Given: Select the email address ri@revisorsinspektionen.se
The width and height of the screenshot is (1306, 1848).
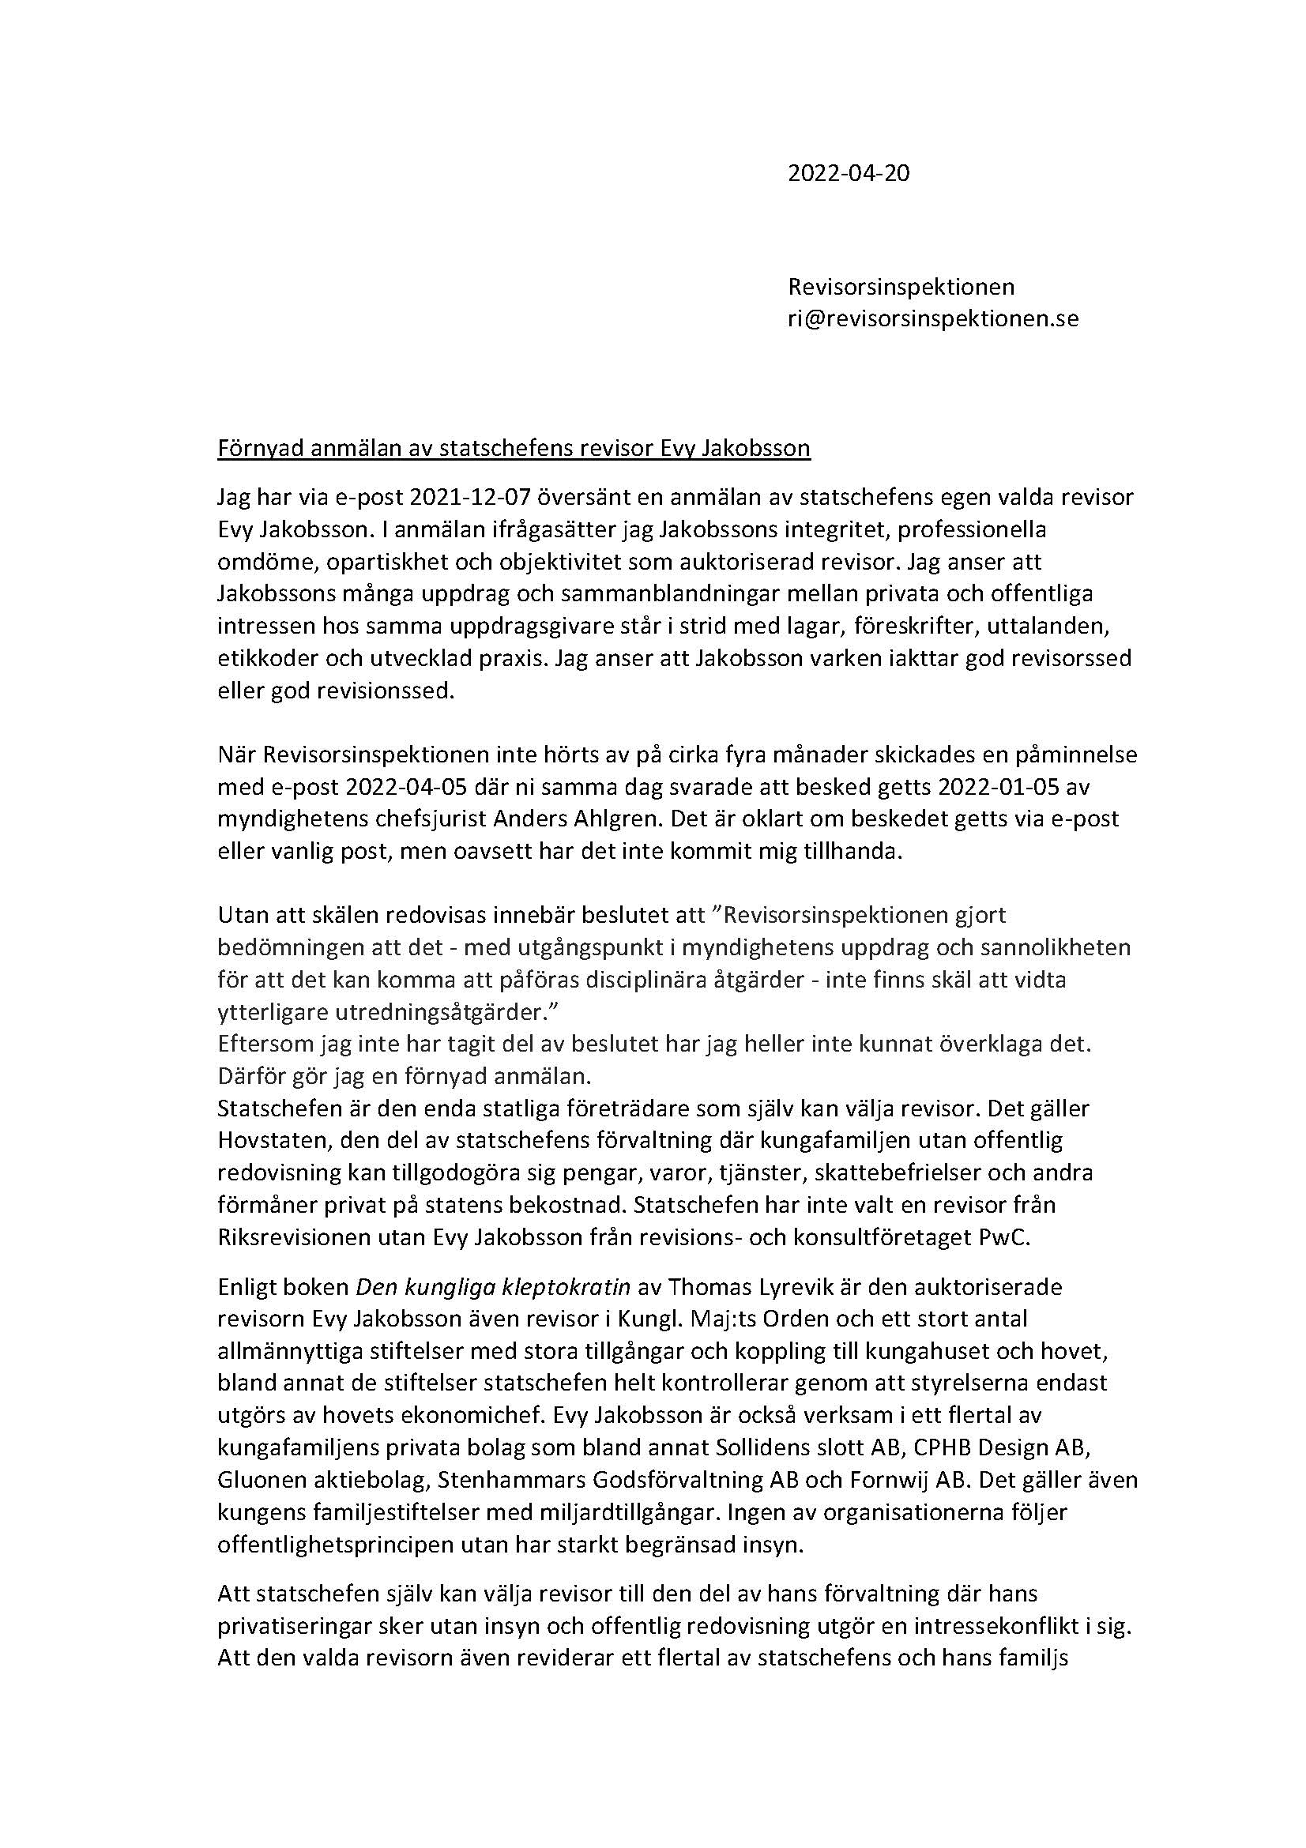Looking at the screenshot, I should click(x=932, y=318).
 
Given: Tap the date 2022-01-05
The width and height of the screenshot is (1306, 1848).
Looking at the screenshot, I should click(x=1022, y=786).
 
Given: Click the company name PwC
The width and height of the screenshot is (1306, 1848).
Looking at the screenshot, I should click(x=1004, y=1237).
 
